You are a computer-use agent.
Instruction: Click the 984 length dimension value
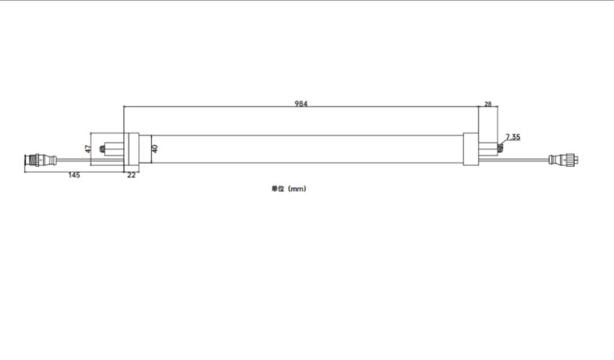[x=301, y=103]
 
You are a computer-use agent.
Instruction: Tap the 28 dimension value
[x=487, y=104]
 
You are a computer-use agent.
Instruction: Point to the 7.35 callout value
[x=513, y=137]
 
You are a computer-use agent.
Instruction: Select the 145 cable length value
[x=74, y=175]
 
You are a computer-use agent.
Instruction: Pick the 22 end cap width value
[x=131, y=175]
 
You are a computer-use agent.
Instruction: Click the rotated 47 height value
[x=88, y=149]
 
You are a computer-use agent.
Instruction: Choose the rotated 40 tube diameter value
[x=155, y=149]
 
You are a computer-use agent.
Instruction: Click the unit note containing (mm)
[x=289, y=189]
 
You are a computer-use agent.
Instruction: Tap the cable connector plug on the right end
[x=564, y=160]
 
